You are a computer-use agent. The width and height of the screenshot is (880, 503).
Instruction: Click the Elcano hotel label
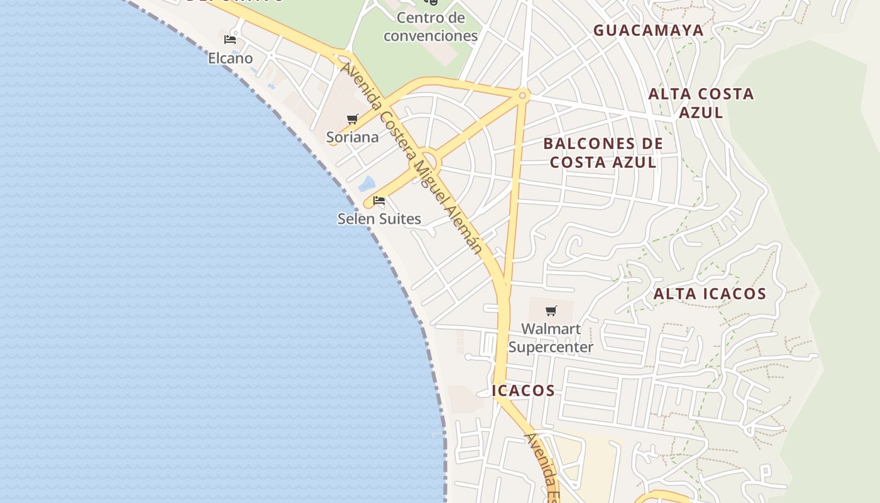click(x=230, y=58)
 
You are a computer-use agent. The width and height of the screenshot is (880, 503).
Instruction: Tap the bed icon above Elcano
click(x=230, y=39)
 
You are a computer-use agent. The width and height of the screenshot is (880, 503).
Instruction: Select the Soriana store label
click(x=352, y=137)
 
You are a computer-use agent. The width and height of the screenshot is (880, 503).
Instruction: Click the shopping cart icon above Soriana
click(x=352, y=119)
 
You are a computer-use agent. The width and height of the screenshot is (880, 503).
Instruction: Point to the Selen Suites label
click(x=379, y=219)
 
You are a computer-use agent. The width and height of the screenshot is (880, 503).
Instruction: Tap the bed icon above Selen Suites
click(x=379, y=201)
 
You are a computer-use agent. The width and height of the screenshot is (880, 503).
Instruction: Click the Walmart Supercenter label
click(x=551, y=338)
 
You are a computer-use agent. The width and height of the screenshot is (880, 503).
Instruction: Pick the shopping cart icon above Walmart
click(x=551, y=311)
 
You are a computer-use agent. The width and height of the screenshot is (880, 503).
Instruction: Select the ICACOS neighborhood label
click(x=524, y=390)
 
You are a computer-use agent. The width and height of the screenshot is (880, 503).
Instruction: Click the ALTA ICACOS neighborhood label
click(x=710, y=294)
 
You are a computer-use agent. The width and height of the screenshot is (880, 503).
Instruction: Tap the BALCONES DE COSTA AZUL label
click(x=603, y=153)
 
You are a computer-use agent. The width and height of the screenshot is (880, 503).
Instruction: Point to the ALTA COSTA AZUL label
click(x=701, y=103)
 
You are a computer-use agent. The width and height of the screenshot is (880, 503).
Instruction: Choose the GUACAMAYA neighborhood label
click(x=648, y=30)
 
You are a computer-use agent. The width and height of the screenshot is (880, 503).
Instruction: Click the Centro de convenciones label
click(x=431, y=26)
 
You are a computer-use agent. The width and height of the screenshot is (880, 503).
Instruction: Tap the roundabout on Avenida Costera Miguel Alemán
click(x=427, y=160)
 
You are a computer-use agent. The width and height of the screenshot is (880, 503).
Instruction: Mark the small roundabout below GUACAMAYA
click(x=522, y=96)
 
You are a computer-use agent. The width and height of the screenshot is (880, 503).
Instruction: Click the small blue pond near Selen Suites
click(x=366, y=184)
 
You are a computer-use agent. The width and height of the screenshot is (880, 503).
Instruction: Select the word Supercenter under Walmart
click(x=551, y=347)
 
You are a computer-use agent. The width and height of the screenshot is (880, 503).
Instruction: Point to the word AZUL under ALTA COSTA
click(x=701, y=113)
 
